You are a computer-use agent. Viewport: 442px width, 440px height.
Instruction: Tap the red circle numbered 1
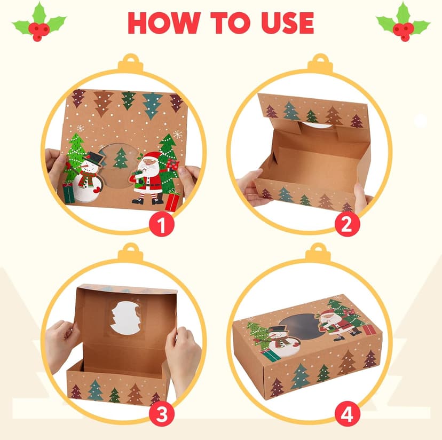[162, 225]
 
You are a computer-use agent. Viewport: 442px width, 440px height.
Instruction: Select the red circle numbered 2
[347, 225]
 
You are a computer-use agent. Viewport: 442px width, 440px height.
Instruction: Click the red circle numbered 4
[347, 413]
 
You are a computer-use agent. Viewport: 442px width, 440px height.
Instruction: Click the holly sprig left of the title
[39, 22]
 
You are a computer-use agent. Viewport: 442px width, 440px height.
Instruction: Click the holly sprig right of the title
[403, 22]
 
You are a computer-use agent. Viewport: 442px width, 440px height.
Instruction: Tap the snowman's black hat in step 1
[94, 159]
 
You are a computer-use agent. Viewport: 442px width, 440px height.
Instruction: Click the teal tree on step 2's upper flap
[290, 111]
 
